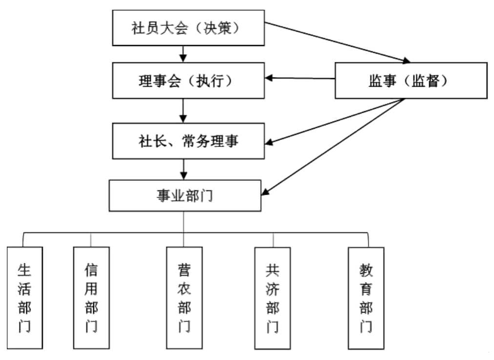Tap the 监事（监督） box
coord(411,80)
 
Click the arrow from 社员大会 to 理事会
coord(184,53)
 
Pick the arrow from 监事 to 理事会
coord(300,78)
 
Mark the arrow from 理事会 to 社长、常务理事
coord(184,110)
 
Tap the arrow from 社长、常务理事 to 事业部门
coord(184,169)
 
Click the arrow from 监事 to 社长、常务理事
coord(337,120)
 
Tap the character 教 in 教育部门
coord(366,270)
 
